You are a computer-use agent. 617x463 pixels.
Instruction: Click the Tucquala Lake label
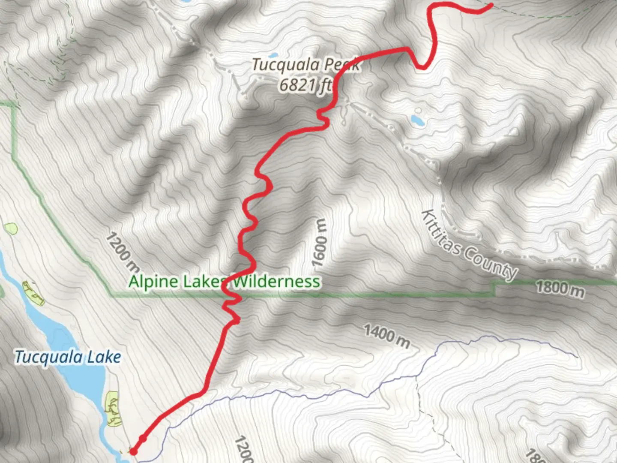[68, 357]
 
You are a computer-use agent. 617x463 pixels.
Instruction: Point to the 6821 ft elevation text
[305, 85]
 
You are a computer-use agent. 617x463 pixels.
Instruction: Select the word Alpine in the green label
[153, 282]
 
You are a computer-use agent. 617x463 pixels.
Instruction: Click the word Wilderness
[276, 282]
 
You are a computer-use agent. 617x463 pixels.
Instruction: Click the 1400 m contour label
[387, 336]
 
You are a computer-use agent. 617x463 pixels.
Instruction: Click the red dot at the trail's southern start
[134, 451]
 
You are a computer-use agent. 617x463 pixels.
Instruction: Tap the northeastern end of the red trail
[491, 5]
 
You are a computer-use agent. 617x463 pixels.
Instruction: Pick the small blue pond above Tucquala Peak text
[272, 55]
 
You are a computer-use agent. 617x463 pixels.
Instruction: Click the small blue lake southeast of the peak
[417, 120]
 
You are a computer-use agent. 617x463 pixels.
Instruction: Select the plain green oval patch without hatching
[10, 228]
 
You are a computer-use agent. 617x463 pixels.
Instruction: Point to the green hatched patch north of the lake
[33, 292]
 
